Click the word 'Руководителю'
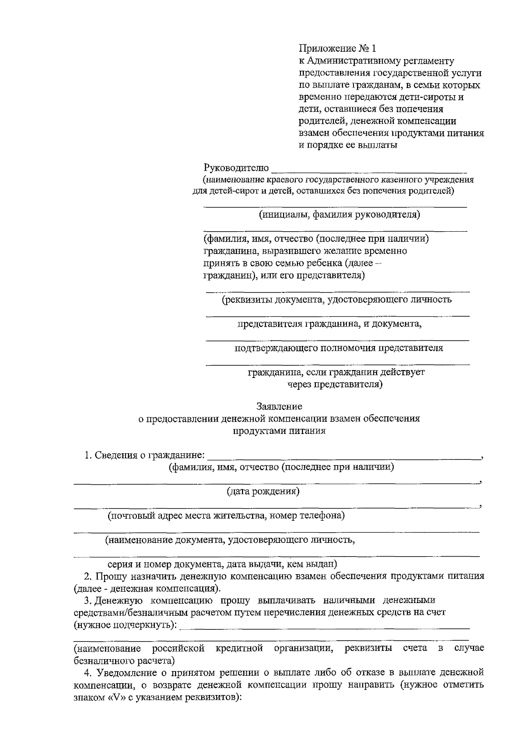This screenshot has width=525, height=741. (236, 168)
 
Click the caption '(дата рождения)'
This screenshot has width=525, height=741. (263, 491)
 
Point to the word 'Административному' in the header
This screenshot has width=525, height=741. (347, 61)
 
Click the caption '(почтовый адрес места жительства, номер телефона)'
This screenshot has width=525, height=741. (226, 515)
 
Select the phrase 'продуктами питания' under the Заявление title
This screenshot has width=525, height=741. (279, 430)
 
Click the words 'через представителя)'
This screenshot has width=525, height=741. (335, 385)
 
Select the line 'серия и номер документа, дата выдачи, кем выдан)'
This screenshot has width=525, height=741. (222, 564)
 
